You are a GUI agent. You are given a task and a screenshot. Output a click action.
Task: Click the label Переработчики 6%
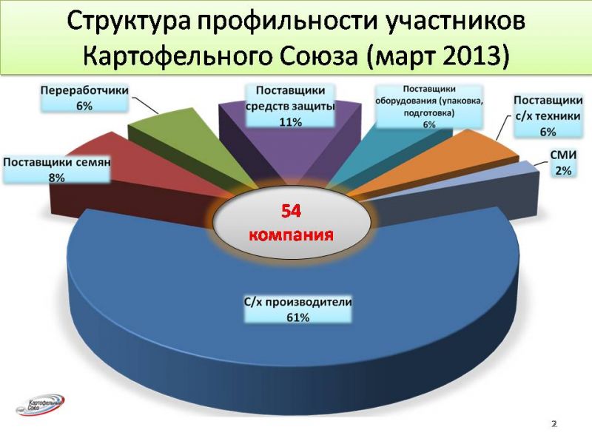pos(84,98)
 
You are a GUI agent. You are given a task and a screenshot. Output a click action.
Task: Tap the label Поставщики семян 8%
pos(57,169)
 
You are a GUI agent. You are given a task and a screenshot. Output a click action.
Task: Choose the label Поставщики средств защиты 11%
pos(290,106)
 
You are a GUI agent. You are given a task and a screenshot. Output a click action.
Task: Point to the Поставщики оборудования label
pos(429,107)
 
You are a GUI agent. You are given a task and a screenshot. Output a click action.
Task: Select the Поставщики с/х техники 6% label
pos(548,115)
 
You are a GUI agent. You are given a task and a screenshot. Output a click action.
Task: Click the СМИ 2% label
pos(563,162)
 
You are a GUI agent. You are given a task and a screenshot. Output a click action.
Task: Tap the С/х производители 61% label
pos(298,309)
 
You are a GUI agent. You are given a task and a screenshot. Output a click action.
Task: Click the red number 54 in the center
pos(291,211)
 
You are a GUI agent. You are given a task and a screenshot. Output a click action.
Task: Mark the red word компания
pos(292,235)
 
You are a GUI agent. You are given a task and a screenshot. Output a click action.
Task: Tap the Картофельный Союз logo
pos(41,405)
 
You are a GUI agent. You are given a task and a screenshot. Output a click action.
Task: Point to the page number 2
pos(554,423)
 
